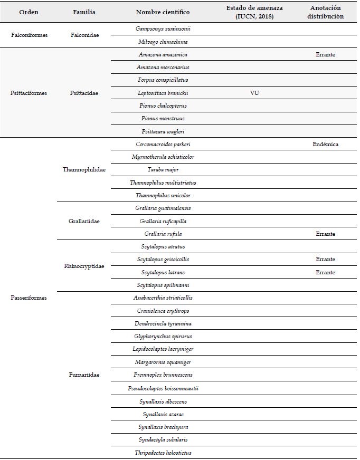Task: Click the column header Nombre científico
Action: click(163, 12)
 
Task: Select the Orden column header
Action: click(29, 12)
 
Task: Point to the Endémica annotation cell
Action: click(326, 144)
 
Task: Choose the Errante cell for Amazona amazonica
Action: click(326, 55)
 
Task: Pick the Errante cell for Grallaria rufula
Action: click(326, 234)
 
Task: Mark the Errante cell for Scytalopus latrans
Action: click(326, 272)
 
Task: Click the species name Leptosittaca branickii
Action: click(163, 93)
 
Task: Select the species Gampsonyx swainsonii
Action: click(163, 29)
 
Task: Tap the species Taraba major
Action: click(163, 170)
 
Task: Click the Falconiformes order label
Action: click(29, 35)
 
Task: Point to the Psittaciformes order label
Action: click(29, 93)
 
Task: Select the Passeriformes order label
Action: click(29, 298)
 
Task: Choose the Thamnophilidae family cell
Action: click(84, 170)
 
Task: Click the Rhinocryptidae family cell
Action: click(84, 266)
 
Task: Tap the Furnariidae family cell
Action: click(84, 375)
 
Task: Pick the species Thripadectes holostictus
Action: click(163, 452)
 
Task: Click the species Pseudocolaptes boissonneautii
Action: click(163, 388)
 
